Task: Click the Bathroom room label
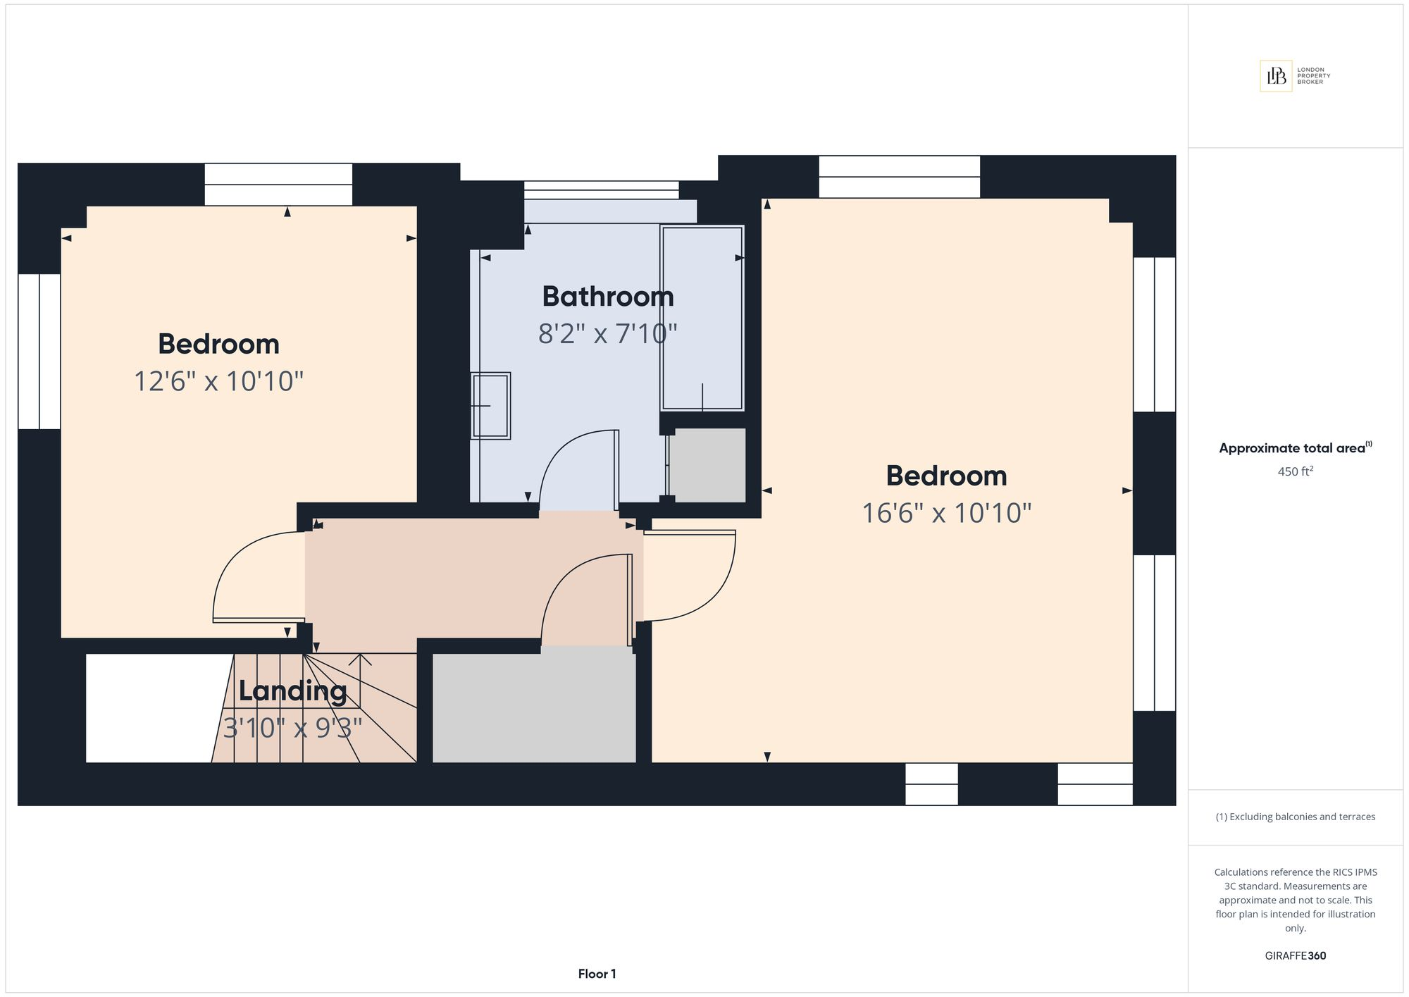608,297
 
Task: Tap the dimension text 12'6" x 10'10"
218,381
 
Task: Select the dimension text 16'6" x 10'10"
947,513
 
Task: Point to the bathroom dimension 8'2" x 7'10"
608,333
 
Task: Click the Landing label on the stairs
292,691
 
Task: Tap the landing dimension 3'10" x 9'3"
292,728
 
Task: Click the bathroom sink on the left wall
490,406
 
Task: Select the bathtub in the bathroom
702,318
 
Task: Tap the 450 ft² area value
1296,471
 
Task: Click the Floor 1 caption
597,974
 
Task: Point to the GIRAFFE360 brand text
1296,956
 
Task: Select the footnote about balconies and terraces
1296,817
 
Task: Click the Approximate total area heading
1296,448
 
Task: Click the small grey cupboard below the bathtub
707,465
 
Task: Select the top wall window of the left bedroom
278,185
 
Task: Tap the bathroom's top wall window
601,190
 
